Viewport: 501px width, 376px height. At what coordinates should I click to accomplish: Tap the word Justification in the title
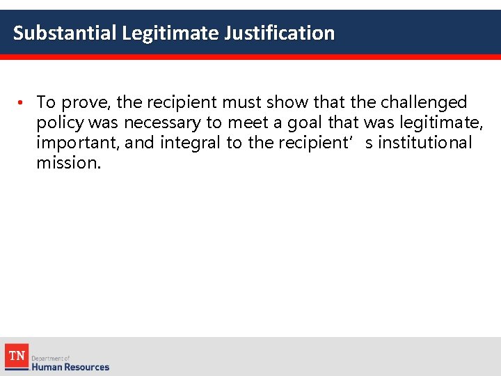coord(279,33)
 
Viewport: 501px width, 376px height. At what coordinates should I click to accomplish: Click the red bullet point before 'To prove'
coord(22,103)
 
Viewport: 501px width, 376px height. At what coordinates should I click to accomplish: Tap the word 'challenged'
coord(424,102)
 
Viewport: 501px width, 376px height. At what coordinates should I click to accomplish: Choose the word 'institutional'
coord(424,143)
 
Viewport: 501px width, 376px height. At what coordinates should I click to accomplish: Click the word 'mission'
coord(68,164)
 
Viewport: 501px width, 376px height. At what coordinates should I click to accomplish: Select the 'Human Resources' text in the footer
coord(70,366)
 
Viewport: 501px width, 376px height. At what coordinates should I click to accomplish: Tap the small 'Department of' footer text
coord(51,357)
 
